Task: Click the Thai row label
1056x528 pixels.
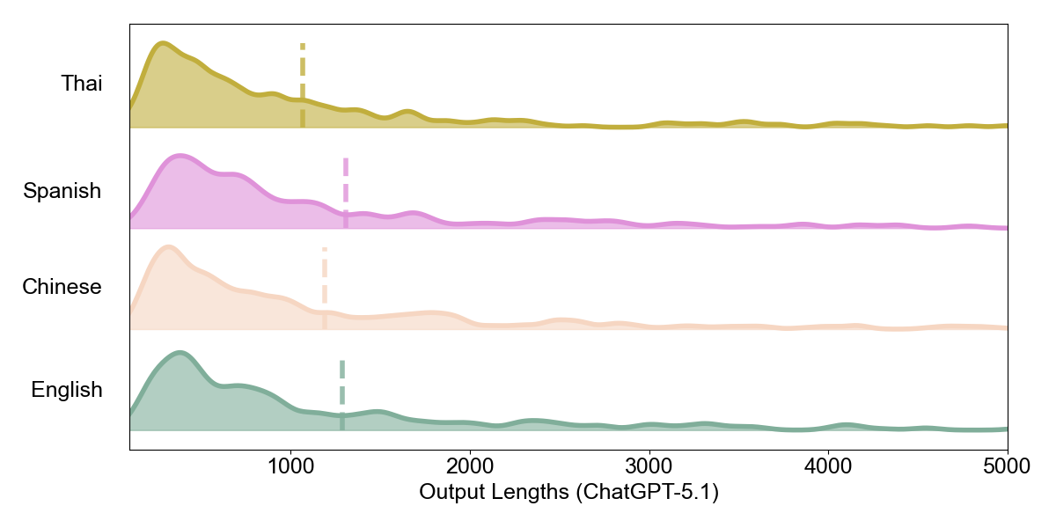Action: coord(81,84)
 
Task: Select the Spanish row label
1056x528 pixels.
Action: coord(62,191)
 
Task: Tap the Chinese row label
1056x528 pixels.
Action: coord(62,287)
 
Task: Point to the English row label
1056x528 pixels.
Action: coord(66,390)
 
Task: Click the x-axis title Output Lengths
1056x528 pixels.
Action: coord(568,493)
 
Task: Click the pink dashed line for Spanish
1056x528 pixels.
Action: coord(346,192)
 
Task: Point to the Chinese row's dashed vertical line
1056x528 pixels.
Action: coord(325,288)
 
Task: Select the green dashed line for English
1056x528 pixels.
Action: coord(342,394)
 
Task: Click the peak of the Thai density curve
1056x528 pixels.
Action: coord(162,43)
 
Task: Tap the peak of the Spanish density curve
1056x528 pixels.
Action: coord(180,157)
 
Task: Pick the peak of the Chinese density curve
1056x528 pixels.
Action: coord(168,247)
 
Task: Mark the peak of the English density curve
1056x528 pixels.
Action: coord(180,354)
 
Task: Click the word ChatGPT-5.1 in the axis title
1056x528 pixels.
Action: coord(647,493)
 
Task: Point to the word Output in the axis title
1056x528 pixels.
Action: coord(450,493)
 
